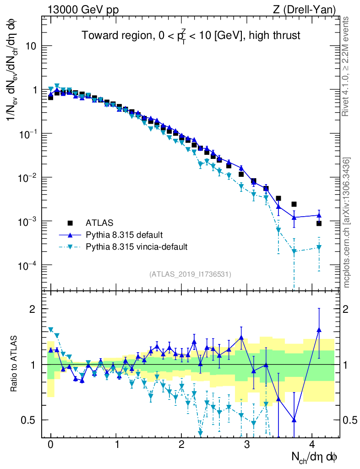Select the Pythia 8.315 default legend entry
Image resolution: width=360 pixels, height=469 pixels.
click(x=124, y=235)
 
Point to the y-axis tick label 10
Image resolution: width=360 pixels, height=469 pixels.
click(x=30, y=46)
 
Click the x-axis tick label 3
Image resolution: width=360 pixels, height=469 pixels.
click(x=247, y=444)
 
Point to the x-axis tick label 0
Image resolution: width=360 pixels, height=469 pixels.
click(x=50, y=444)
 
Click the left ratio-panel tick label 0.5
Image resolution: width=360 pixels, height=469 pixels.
click(x=29, y=420)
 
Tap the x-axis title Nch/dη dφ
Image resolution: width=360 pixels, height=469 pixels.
click(x=315, y=457)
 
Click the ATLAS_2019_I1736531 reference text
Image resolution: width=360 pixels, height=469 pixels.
click(x=190, y=274)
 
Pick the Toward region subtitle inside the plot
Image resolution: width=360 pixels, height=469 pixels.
click(x=191, y=35)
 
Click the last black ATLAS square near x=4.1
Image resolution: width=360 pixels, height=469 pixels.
click(x=319, y=224)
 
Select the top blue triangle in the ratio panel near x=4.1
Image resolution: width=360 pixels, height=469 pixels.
click(x=319, y=329)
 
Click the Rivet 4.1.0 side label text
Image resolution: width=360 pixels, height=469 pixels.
click(x=347, y=66)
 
